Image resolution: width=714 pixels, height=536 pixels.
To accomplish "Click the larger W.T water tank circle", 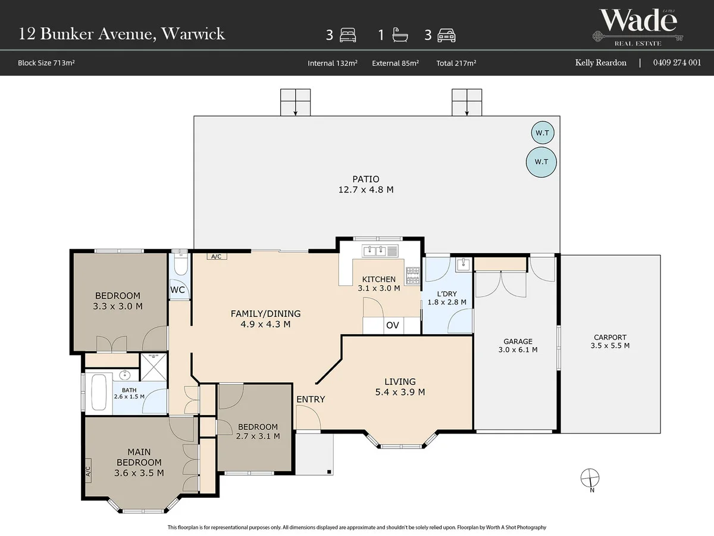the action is click(x=541, y=162).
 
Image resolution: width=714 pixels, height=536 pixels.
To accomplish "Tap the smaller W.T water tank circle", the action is click(x=543, y=132).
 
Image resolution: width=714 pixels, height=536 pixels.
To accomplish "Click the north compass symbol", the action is click(x=590, y=478).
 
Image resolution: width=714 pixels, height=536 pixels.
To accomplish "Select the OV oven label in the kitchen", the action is click(x=392, y=325).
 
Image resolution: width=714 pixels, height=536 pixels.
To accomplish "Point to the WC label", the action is click(x=177, y=290).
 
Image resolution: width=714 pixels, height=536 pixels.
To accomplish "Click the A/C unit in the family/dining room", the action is click(x=217, y=257).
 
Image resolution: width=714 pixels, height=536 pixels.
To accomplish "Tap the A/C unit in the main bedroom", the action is click(x=88, y=471).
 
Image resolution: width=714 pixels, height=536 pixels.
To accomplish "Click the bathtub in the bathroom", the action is click(x=99, y=392).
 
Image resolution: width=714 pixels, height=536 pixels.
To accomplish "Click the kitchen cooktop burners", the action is click(x=413, y=276).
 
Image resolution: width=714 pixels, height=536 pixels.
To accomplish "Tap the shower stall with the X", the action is click(x=154, y=367).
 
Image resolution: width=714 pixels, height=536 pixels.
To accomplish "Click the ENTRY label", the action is click(x=311, y=399).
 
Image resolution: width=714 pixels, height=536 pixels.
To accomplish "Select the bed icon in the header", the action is click(x=347, y=35).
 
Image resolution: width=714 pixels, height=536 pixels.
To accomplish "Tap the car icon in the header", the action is click(x=446, y=36).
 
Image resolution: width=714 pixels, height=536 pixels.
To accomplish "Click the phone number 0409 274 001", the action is click(x=677, y=63).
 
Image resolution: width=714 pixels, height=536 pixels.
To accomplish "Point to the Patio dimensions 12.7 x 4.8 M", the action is click(x=366, y=189).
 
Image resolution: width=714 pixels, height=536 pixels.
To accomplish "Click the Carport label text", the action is click(x=610, y=338).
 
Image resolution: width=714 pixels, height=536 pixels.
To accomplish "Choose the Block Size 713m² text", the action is click(x=46, y=63).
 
